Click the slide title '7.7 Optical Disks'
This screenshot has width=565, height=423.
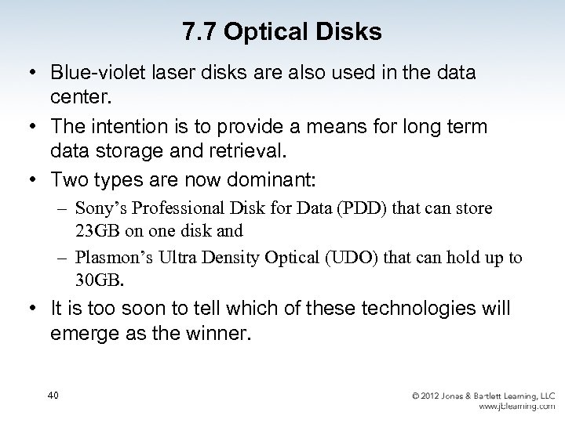click(x=282, y=32)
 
